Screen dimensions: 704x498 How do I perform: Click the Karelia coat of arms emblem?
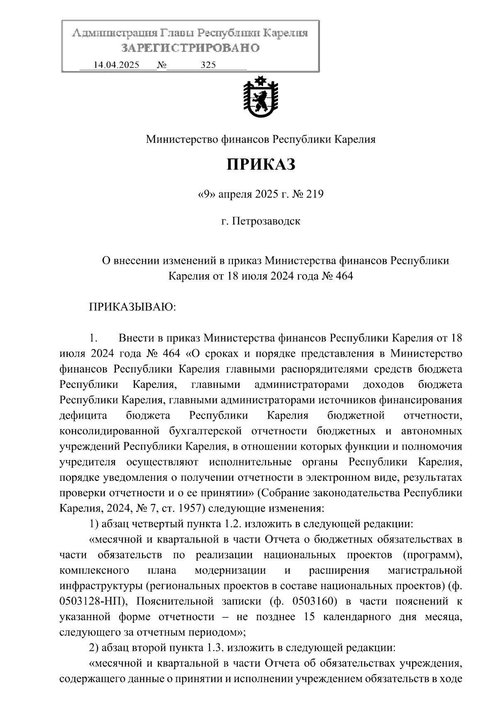(261, 99)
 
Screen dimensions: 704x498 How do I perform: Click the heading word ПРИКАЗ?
(261, 165)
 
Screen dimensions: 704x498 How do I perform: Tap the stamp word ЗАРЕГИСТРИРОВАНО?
(190, 48)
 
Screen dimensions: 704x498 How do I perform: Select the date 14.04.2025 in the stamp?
(117, 65)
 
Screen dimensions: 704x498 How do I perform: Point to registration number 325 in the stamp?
(208, 65)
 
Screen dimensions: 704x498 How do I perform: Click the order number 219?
(315, 194)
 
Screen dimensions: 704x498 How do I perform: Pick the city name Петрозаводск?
(266, 221)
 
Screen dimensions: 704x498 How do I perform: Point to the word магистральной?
(425, 570)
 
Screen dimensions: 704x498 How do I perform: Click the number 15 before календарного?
(309, 617)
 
